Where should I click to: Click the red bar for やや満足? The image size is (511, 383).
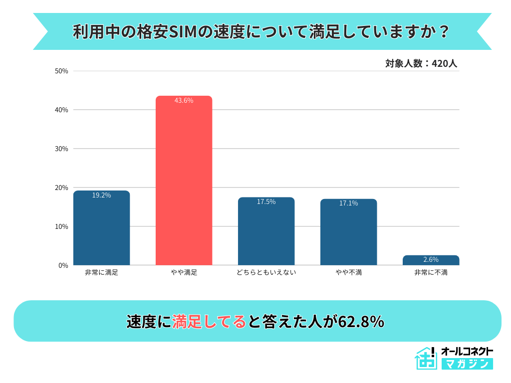184,181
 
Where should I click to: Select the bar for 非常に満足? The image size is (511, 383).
101,228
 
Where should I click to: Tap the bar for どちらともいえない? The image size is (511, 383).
266,231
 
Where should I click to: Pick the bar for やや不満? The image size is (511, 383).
348,232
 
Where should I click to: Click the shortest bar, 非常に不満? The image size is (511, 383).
431,260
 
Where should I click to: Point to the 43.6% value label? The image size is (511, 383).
184,101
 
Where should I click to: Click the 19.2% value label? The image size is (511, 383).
101,195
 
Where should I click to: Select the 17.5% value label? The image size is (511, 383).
266,202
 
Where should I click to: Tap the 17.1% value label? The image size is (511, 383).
348,203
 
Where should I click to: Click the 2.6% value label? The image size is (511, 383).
431,260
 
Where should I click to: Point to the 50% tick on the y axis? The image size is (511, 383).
61,71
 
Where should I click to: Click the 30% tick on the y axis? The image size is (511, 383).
61,149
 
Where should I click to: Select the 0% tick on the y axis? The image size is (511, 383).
63,265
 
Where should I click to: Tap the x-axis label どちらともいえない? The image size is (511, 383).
266,273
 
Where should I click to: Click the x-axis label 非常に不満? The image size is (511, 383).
431,273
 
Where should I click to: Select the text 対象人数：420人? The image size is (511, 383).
421,64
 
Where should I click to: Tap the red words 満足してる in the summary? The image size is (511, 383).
209,322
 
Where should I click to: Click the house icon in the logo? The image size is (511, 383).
426,358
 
